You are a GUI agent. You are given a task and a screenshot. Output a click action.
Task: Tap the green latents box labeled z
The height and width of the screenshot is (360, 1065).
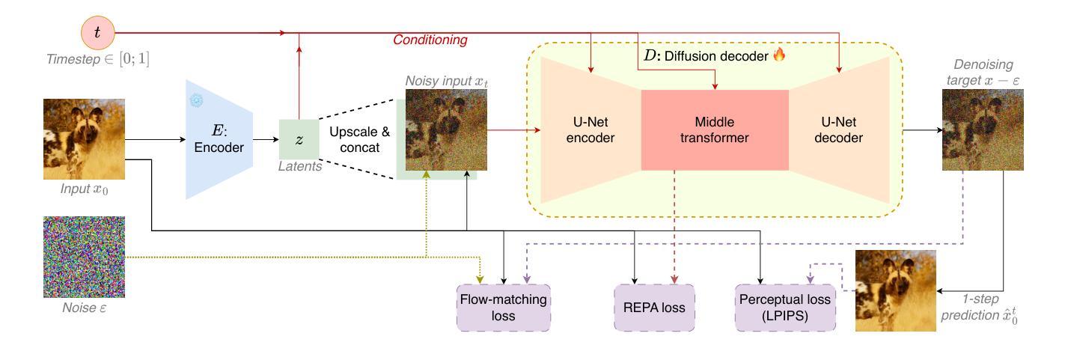[298, 139]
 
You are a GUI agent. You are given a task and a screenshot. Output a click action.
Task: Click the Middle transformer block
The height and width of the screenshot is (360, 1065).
[714, 130]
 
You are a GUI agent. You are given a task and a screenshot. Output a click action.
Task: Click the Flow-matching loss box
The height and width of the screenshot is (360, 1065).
[503, 307]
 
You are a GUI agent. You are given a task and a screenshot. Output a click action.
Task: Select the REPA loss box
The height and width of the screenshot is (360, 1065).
[653, 307]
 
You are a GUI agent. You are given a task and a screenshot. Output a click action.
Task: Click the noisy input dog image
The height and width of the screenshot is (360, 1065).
[446, 130]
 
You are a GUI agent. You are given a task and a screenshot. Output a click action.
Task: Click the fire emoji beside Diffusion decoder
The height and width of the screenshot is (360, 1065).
[779, 55]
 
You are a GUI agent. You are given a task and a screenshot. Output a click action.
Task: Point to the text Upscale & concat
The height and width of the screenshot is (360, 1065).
[360, 139]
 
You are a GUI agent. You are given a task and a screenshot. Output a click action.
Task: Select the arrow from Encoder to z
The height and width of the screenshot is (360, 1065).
[266, 139]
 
